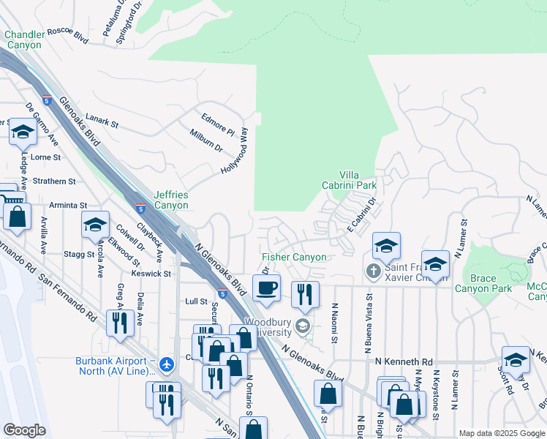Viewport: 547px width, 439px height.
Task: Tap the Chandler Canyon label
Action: [x=23, y=40]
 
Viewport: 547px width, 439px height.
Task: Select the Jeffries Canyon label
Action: [x=171, y=200]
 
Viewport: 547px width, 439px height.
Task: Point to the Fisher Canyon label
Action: [x=294, y=258]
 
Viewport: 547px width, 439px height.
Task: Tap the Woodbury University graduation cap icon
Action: [x=303, y=325]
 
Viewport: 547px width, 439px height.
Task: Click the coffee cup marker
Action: [x=266, y=287]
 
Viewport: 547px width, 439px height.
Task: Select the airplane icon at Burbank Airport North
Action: [x=167, y=363]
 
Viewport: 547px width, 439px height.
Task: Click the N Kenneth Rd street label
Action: [x=404, y=361]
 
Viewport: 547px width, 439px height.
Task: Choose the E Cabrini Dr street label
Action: [x=361, y=217]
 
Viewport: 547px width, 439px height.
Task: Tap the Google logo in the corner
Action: [x=24, y=430]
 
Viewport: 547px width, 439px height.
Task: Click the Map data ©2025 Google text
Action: [x=502, y=433]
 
